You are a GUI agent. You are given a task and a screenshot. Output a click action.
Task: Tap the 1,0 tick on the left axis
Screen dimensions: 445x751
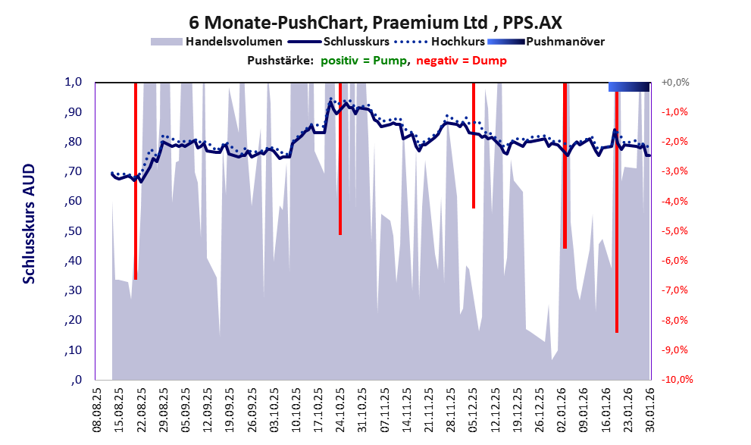tap(72, 83)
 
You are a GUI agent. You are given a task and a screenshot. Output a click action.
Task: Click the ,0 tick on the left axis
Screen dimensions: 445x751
tap(75, 380)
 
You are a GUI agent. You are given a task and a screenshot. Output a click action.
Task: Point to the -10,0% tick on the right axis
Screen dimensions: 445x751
tap(677, 380)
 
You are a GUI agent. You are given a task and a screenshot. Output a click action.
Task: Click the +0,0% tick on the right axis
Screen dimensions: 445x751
tap(675, 83)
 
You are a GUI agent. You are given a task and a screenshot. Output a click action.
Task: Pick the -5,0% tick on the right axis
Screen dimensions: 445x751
tap(675, 231)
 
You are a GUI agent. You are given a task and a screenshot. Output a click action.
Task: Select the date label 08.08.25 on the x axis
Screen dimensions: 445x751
tap(96, 409)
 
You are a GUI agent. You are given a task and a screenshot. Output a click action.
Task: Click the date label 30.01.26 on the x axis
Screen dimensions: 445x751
tap(649, 409)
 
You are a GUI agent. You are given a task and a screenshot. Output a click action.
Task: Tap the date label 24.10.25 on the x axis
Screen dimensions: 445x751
tap(340, 409)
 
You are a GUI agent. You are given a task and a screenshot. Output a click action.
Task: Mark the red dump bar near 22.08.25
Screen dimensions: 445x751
tap(136, 182)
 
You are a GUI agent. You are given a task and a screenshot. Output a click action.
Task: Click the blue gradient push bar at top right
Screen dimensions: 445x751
tap(629, 87)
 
